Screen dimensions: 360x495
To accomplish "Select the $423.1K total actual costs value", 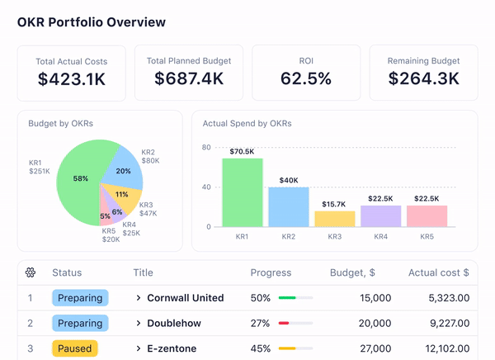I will pos(71,78).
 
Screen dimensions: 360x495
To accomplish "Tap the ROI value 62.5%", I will pos(305,78).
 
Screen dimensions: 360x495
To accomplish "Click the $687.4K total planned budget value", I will pos(189,78).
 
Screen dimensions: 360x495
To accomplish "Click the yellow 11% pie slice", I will pos(121,196).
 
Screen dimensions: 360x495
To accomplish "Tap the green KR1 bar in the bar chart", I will pos(242,192).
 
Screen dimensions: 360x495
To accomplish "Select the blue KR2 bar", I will pos(288,206).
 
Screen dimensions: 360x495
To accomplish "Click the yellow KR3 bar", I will pos(334,219).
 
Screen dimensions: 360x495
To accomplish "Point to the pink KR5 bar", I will pos(427,216).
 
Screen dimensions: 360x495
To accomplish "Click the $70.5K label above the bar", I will pos(242,152).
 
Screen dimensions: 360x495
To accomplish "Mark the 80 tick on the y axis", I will pos(207,148).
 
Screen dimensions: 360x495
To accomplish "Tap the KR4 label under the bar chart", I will pos(380,237).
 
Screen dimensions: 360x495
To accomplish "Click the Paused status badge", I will pos(74,348).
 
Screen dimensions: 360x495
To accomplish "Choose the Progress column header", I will pos(270,272).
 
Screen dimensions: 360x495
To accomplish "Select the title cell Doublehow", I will pos(177,324).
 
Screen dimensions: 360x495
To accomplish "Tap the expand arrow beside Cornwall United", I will pos(139,298).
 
